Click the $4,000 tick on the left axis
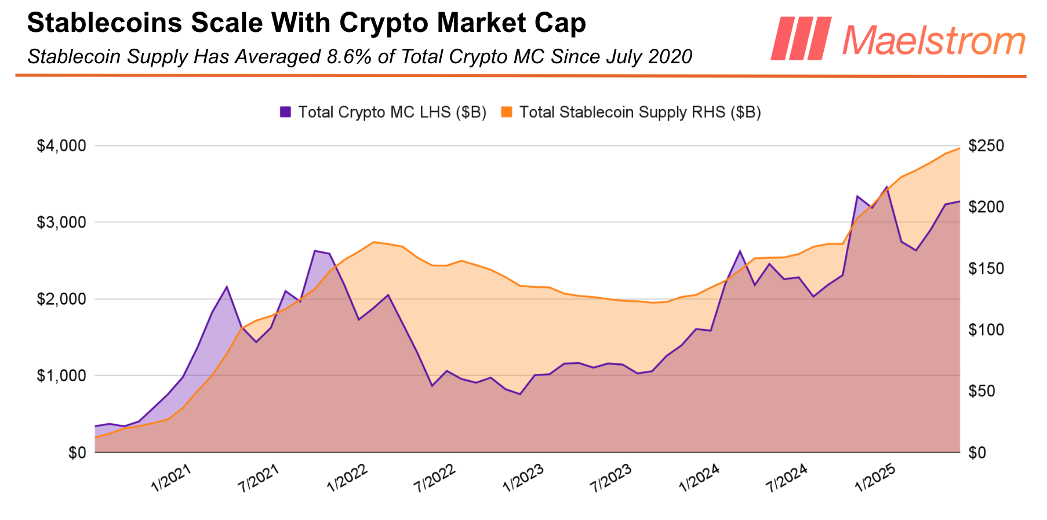(61, 146)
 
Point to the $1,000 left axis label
(61, 376)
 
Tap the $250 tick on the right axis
(986, 146)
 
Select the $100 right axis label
(986, 330)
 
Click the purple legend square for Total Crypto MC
(285, 112)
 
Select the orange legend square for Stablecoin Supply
(507, 112)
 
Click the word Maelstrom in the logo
(933, 41)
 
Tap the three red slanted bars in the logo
(801, 38)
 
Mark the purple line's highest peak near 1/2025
(886, 187)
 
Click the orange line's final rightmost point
(959, 148)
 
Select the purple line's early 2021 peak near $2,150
(227, 287)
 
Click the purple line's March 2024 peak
(740, 251)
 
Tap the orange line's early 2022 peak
(373, 242)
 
